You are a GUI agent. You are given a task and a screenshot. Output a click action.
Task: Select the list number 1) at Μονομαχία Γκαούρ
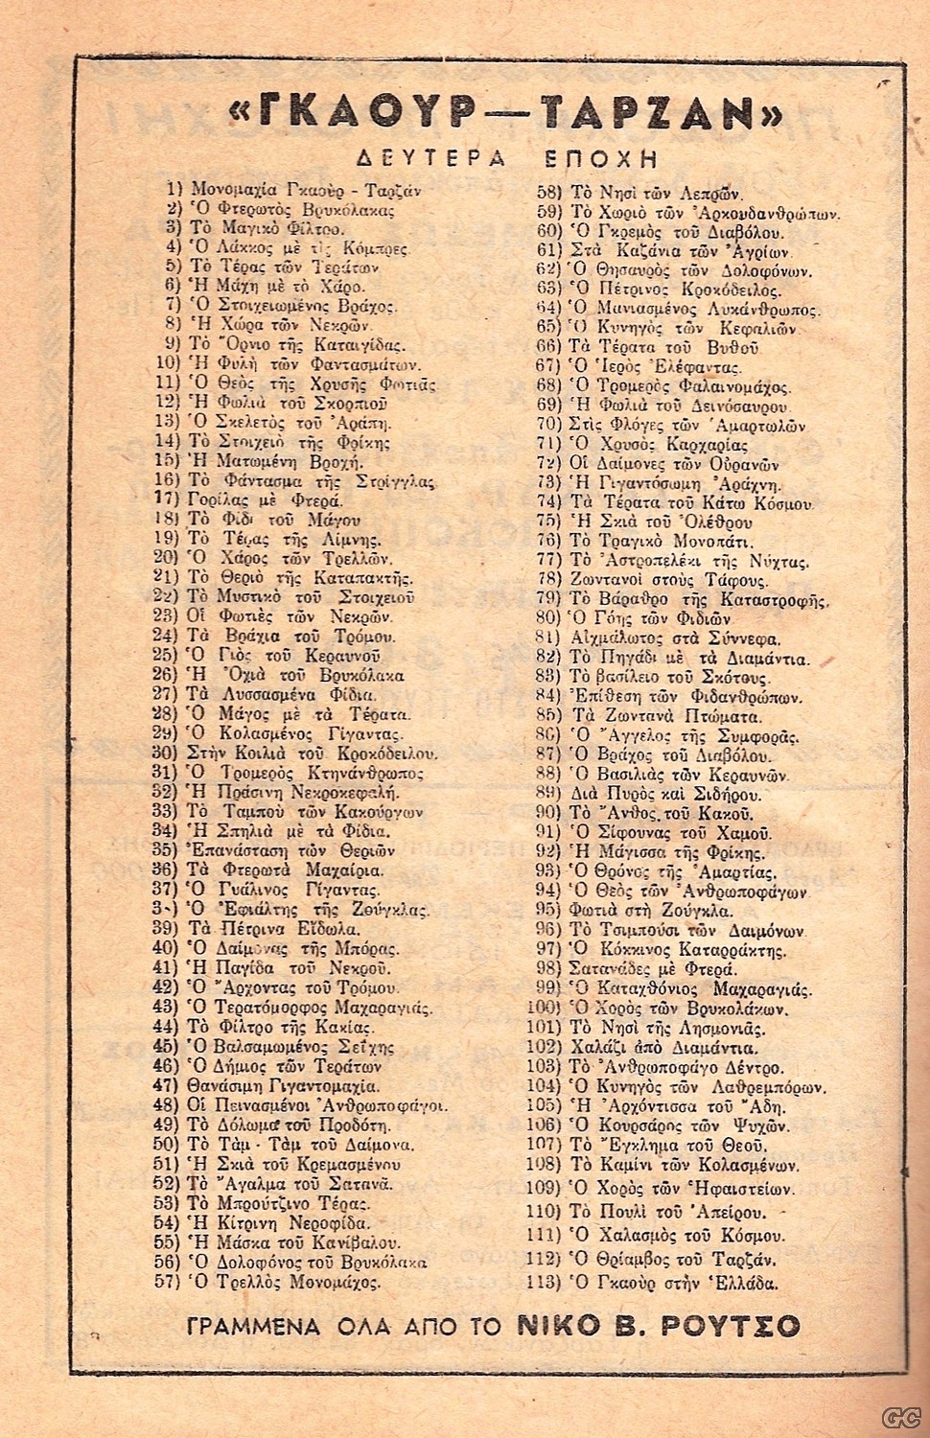point(174,189)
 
